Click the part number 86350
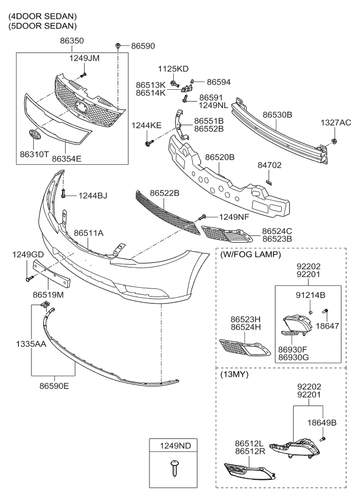pos(72,42)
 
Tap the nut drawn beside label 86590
pos(119,45)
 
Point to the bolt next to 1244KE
pos(148,142)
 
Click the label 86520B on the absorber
pos(220,158)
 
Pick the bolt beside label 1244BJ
pos(63,194)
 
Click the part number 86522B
pos(164,193)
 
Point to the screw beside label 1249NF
pos(203,217)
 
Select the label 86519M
pos(48,294)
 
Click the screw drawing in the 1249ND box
pos(174,468)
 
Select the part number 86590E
pos(54,386)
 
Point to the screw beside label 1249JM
pos(84,76)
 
